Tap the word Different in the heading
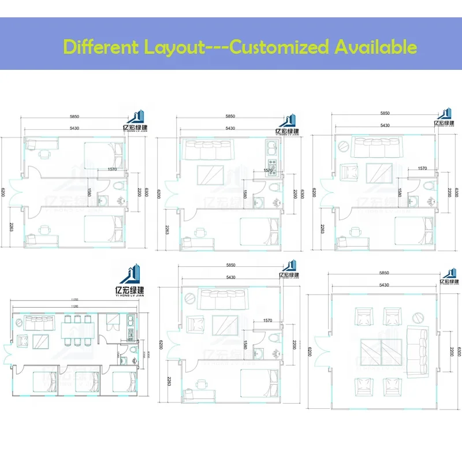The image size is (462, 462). point(99,47)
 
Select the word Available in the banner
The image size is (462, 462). point(375,47)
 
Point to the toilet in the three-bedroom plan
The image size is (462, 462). point(133,349)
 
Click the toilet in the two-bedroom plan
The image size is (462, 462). point(120,187)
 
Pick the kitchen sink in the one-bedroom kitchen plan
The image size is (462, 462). point(271,149)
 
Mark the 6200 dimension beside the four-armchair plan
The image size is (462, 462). point(309,351)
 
